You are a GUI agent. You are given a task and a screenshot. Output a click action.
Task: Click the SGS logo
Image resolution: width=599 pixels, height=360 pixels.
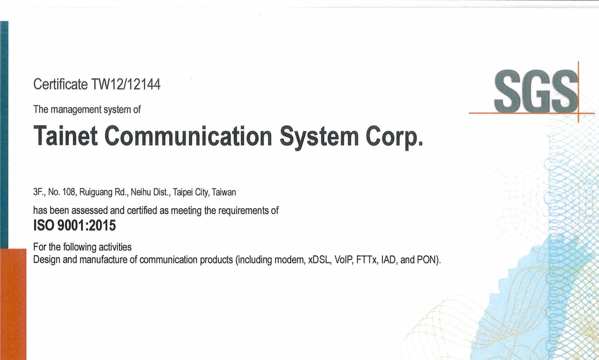(x=536, y=91)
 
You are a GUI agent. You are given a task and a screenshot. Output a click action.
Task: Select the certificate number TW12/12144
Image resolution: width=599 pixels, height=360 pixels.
(x=126, y=84)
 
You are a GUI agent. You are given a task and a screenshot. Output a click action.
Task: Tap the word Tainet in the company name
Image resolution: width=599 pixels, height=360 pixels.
(x=65, y=136)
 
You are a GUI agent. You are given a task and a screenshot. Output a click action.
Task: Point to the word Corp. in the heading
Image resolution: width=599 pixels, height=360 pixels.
(x=394, y=138)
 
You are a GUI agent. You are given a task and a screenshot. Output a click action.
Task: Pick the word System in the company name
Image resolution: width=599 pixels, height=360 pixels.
(x=319, y=138)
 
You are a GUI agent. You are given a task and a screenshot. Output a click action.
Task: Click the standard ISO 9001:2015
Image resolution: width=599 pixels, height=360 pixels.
(x=74, y=225)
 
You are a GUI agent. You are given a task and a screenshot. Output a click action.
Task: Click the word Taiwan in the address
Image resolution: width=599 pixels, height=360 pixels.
(x=224, y=192)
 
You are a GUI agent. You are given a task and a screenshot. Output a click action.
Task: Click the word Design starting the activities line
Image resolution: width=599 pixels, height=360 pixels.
(x=47, y=260)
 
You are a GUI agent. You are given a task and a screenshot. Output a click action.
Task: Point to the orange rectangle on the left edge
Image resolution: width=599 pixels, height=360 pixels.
(x=13, y=304)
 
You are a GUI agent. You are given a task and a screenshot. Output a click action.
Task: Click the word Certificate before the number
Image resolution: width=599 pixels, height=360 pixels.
(x=60, y=84)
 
